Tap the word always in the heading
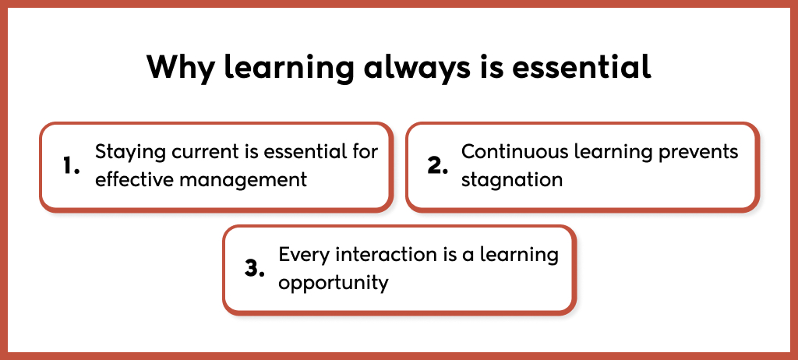coord(417,66)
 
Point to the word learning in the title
coord(289,67)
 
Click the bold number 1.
coord(72,166)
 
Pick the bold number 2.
coord(437,166)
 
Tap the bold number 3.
coord(254,268)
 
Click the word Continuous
coord(503,151)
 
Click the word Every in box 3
coord(303,255)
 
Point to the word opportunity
coord(334,283)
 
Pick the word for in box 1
coord(366,151)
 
